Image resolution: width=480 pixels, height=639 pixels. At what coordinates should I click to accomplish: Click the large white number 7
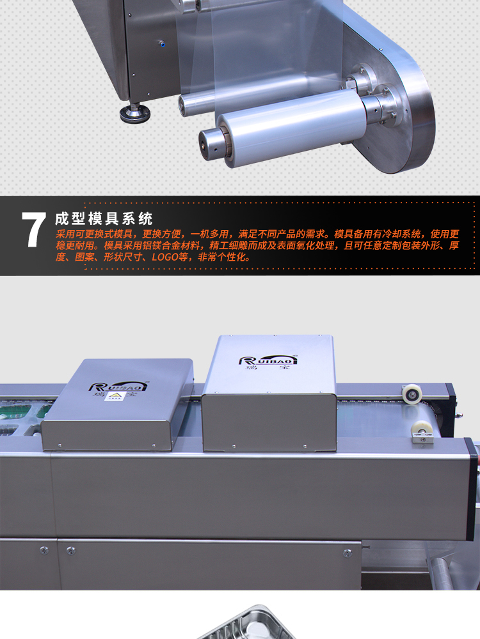(x=34, y=229)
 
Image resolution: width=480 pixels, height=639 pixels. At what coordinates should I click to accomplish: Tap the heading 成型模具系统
(x=104, y=219)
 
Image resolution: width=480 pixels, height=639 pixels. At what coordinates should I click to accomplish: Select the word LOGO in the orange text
(x=165, y=257)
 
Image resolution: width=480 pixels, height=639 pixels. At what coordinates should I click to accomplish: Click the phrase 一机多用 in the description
(x=209, y=234)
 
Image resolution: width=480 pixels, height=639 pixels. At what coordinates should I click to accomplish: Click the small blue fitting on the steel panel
(x=161, y=42)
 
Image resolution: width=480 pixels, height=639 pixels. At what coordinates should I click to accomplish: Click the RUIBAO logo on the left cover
(x=118, y=388)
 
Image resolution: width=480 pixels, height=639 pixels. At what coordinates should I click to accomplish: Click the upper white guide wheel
(x=412, y=393)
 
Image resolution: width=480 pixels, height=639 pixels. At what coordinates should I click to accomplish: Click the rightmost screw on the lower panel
(x=348, y=553)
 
